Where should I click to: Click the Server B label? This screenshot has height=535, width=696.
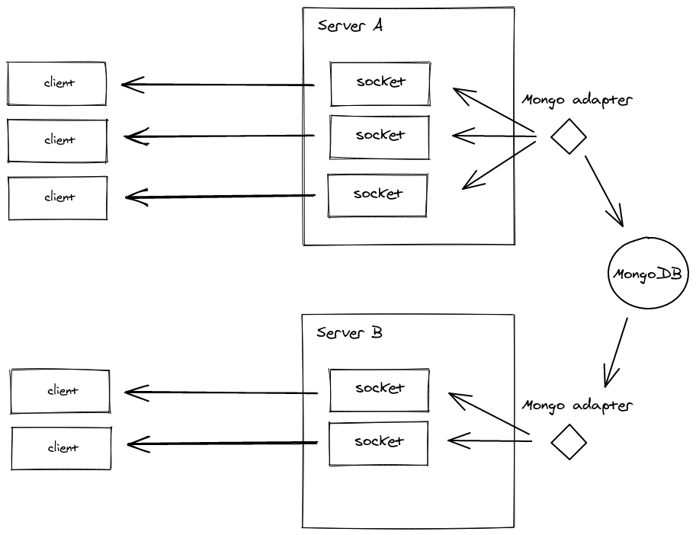pos(349,333)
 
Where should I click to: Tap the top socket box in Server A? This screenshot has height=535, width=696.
pos(380,82)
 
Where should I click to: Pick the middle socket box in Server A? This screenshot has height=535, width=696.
pos(379,136)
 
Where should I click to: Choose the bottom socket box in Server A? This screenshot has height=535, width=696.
pos(377,195)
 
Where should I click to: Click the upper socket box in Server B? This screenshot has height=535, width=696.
pos(379,389)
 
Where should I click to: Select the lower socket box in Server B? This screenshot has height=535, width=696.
pos(378,443)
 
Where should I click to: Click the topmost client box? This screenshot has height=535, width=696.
pos(56,83)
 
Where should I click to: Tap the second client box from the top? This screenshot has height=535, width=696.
pos(57,140)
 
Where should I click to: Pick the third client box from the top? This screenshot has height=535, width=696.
pos(58,197)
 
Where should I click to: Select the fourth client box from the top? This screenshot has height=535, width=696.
pos(60,391)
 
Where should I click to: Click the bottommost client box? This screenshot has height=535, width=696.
pos(61,448)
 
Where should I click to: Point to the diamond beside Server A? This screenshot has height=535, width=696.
pos(569,137)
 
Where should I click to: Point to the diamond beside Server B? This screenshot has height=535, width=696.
pos(569,442)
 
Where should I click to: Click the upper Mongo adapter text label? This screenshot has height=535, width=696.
pos(577,100)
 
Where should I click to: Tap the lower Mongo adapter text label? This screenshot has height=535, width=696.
pos(577,405)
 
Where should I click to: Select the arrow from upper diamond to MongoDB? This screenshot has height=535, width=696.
pos(604,191)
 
